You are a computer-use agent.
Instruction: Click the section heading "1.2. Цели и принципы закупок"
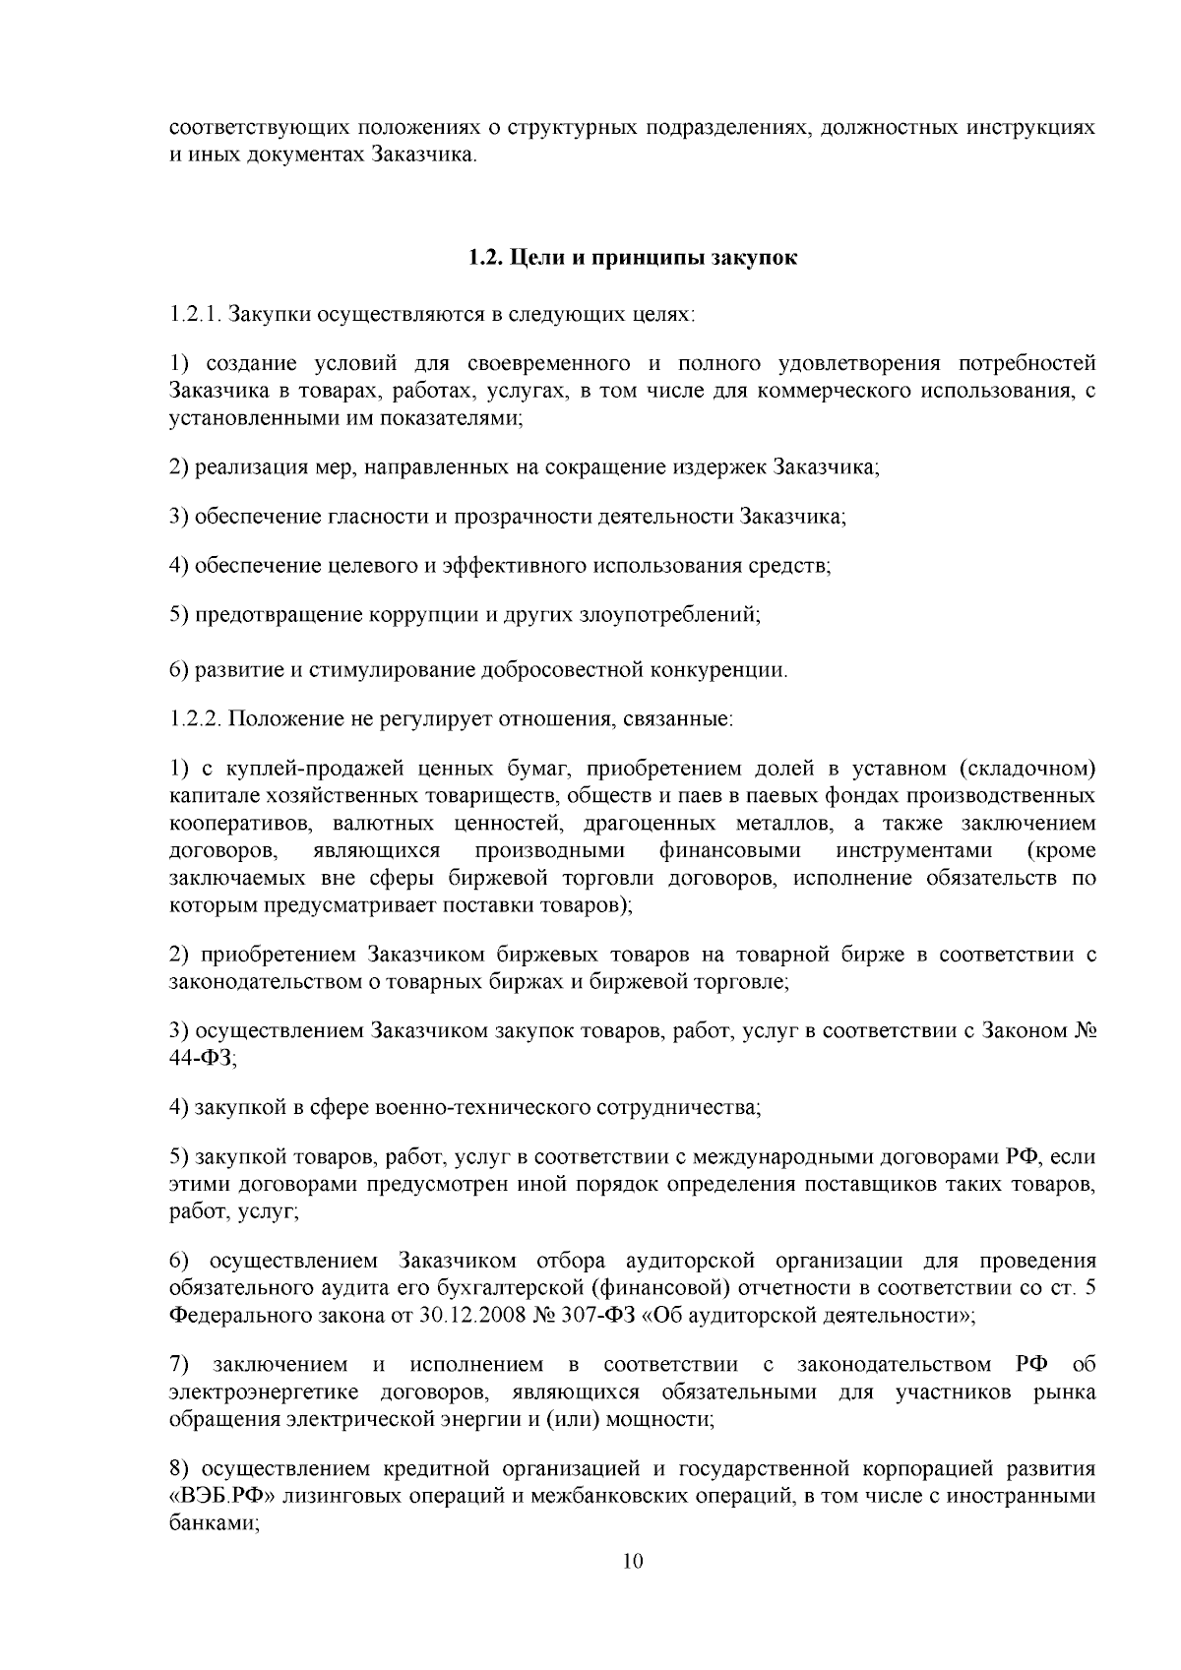click(632, 259)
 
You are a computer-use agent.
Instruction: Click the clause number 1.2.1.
click(192, 316)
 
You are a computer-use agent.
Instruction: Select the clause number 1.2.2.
click(193, 719)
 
